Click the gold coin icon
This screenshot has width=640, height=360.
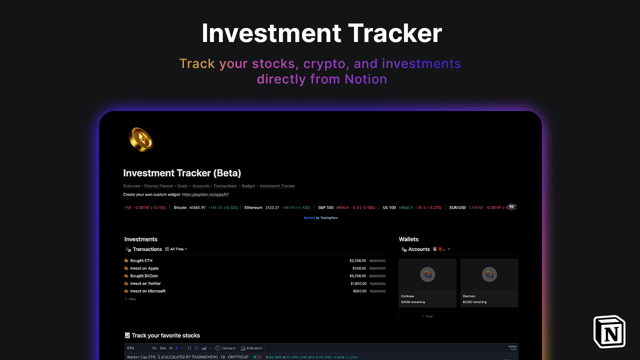(140, 139)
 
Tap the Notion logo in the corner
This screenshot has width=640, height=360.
(609, 331)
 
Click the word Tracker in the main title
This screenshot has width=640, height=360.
(394, 33)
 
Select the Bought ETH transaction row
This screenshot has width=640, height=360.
(141, 260)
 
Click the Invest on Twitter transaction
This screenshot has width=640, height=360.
(145, 283)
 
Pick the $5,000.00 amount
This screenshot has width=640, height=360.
(357, 276)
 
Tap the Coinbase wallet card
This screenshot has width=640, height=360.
(427, 282)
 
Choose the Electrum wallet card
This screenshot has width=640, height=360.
(489, 282)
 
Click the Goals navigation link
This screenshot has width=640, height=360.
(182, 186)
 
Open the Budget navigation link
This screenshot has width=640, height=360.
(248, 186)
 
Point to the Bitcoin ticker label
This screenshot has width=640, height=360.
(180, 207)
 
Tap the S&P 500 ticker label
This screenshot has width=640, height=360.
(325, 207)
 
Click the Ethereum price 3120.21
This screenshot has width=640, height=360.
(272, 207)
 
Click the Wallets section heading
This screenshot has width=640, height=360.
(408, 239)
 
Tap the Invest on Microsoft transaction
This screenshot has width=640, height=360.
(147, 291)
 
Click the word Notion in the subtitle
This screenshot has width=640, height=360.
(365, 79)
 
